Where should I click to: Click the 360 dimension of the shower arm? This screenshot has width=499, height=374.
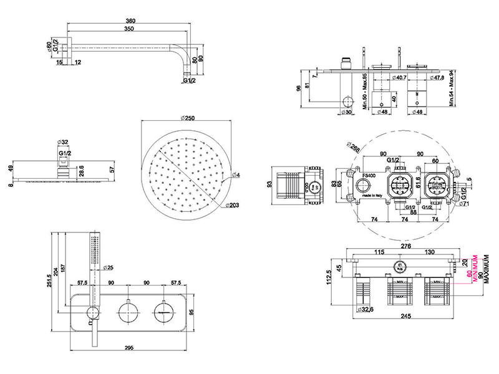click(x=129, y=21)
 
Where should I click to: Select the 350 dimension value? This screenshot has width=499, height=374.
click(x=129, y=29)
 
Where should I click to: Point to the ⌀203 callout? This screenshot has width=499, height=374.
click(x=233, y=205)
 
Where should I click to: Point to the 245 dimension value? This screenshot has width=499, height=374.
click(x=406, y=315)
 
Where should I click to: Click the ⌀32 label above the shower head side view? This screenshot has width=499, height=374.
click(x=62, y=141)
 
